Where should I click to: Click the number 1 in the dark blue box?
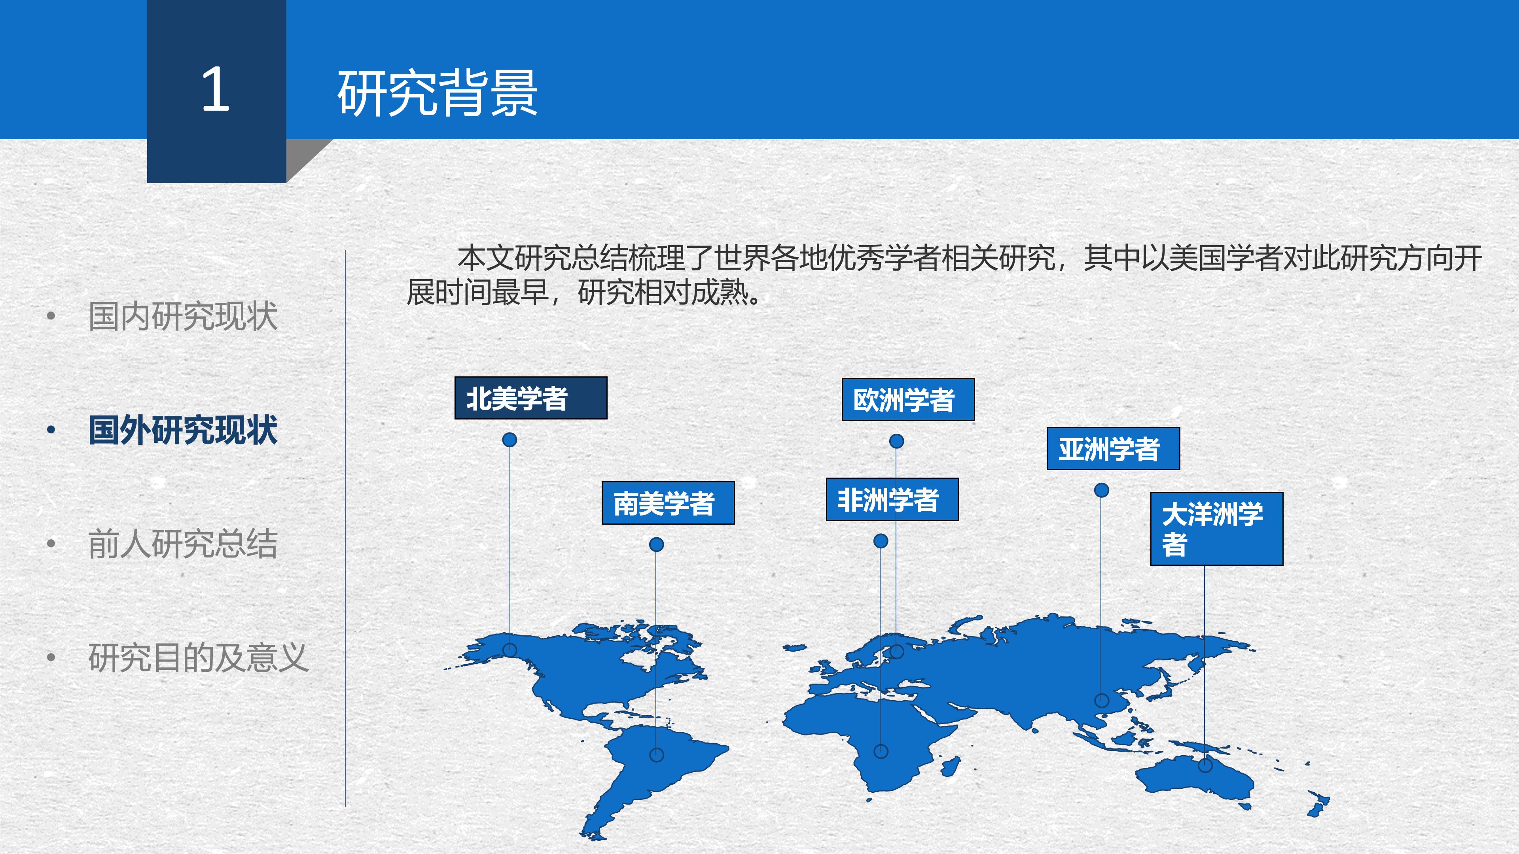(x=216, y=90)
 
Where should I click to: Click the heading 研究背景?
(x=437, y=93)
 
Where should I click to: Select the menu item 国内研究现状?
(x=183, y=316)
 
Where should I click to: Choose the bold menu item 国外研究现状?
(x=183, y=430)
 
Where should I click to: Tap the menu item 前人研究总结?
(x=183, y=544)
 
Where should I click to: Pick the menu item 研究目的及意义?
(x=198, y=658)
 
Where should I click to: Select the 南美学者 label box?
(x=667, y=503)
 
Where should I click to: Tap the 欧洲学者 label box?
(x=907, y=400)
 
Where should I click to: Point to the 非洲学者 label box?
(x=892, y=499)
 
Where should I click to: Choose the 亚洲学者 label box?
(x=1113, y=448)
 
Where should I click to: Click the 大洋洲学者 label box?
(x=1216, y=529)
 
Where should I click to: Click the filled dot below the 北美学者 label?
(x=509, y=440)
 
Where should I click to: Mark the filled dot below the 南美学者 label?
(x=656, y=544)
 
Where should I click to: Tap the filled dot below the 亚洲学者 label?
(x=1102, y=490)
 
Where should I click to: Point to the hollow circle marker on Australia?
(x=1205, y=765)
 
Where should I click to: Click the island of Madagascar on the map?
(x=950, y=766)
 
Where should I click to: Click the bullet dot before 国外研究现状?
(x=51, y=430)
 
